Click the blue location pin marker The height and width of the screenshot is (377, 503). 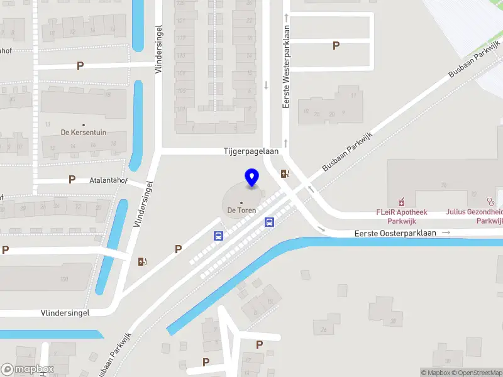tap(251, 178)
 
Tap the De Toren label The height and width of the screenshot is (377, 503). tap(241, 210)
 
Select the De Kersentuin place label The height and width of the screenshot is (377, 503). tap(83, 132)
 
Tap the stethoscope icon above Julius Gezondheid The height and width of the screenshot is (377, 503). tap(490, 202)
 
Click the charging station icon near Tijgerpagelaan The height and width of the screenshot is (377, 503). tap(285, 174)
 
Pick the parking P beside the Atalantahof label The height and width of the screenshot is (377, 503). tap(72, 179)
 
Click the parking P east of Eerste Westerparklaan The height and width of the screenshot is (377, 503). tap(336, 45)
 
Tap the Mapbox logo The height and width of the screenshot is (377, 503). tap(28, 369)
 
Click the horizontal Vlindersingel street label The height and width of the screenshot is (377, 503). tap(65, 312)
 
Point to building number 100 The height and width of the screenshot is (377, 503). tap(64, 279)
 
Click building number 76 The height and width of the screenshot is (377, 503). tap(443, 185)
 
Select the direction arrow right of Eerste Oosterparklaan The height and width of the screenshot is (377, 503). tap(446, 232)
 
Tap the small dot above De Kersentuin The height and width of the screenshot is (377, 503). tap(83, 124)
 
